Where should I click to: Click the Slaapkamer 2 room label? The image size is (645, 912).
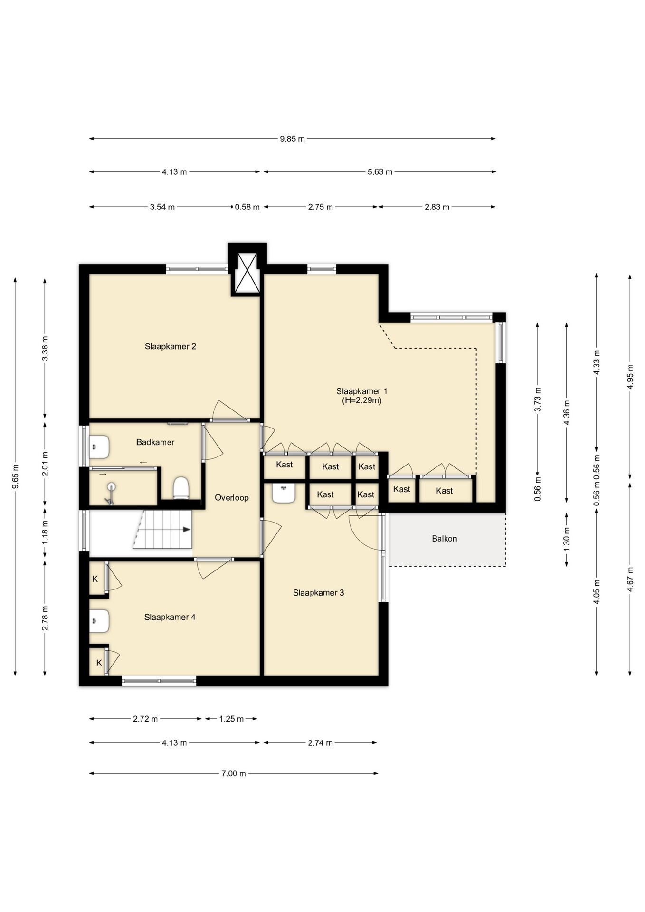170,346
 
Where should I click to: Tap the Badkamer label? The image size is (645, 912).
155,442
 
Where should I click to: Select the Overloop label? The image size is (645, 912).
232,498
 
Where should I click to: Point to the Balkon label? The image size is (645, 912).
445,539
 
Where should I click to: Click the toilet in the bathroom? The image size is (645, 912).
181,488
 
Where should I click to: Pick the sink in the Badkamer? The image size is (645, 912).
99,447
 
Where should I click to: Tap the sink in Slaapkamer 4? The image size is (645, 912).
99,621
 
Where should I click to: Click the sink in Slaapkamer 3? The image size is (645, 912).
284,493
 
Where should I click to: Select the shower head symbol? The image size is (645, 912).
111,493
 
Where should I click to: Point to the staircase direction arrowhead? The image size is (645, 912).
187,529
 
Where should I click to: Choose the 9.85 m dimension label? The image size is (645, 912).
292,139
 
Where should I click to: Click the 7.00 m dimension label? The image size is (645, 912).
234,774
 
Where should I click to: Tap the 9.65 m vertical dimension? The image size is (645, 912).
15,476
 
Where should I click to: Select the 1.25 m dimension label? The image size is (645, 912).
231,719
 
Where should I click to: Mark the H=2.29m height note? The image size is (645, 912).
362,400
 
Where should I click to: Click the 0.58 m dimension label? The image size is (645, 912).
247,207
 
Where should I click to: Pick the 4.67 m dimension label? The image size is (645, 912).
630,579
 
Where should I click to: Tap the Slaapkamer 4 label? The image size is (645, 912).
170,617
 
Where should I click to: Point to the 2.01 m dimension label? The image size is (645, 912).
45,463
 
